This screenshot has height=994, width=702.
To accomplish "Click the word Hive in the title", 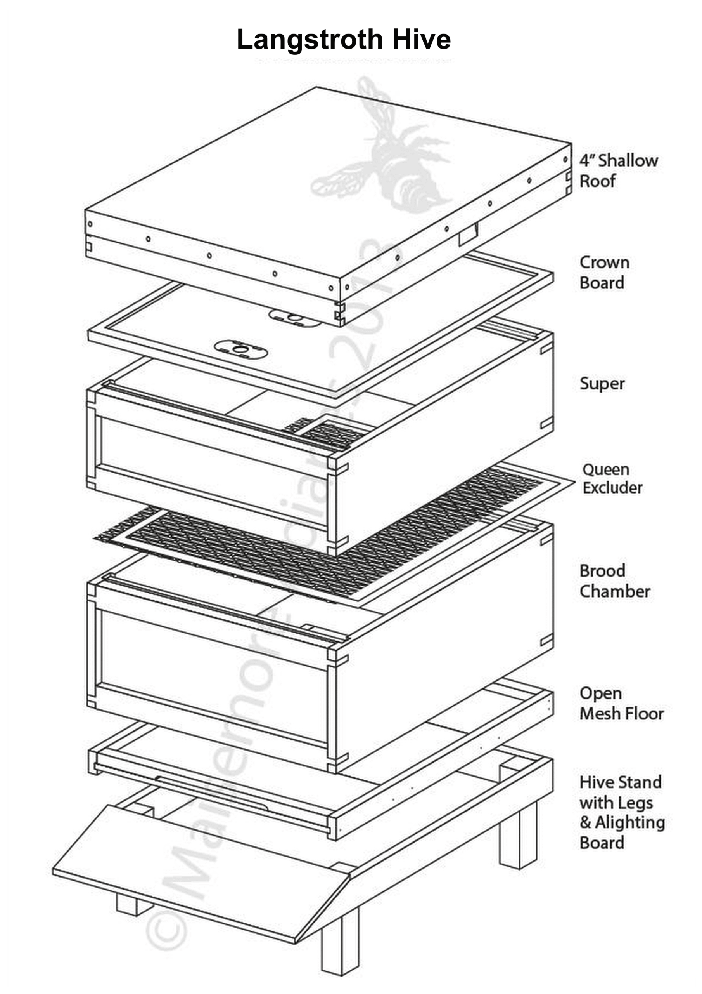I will click(x=422, y=40).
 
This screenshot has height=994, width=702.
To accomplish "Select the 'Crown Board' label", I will click(x=604, y=272).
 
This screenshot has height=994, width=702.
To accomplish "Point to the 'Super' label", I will click(x=602, y=384).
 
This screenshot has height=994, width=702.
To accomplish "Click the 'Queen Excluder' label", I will click(x=612, y=478).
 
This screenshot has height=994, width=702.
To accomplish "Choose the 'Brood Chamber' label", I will click(x=614, y=581).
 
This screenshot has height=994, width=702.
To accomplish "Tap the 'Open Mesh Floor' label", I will click(x=621, y=703).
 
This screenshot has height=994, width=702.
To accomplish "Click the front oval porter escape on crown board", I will click(x=240, y=349).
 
